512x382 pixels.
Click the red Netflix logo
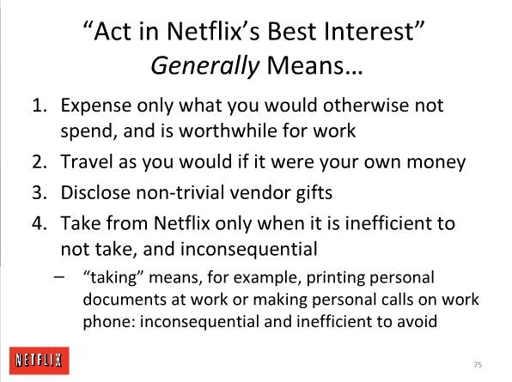coord(40,361)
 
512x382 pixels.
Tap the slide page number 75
coord(478,365)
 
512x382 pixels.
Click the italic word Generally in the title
coord(204,66)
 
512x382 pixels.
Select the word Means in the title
coord(314,65)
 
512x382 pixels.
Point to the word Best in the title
coord(292,32)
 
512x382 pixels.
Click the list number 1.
coord(40,106)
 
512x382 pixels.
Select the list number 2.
coord(40,161)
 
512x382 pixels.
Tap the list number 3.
coord(40,192)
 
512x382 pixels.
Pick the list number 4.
coord(40,223)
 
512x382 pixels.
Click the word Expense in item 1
coord(96,106)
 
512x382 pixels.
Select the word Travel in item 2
coord(87,161)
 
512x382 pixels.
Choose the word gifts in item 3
coord(314,193)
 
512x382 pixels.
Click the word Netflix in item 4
coord(181,223)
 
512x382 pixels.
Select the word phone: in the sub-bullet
coord(109,322)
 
